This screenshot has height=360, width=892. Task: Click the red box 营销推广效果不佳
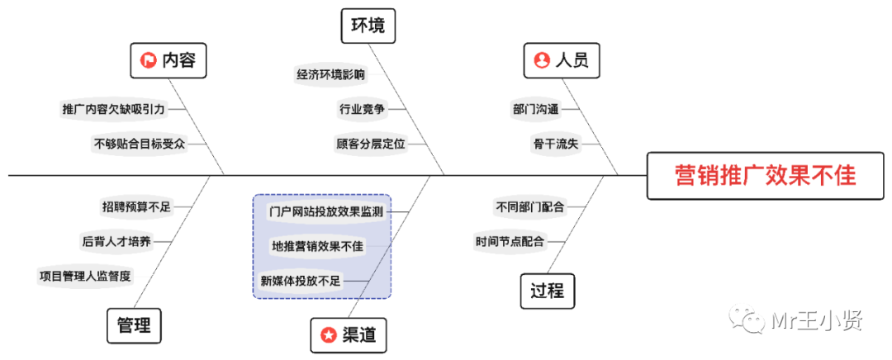tap(766, 176)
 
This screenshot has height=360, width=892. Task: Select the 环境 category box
tap(368, 26)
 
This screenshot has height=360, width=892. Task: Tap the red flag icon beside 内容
tap(149, 60)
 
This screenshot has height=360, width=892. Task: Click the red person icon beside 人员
tap(542, 60)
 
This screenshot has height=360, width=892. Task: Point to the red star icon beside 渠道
tap(328, 334)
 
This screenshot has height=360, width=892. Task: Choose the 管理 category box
tap(134, 325)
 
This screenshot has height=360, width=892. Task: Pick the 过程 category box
tap(547, 291)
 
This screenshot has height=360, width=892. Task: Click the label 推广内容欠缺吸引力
tap(113, 108)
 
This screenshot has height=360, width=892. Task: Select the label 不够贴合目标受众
tap(139, 143)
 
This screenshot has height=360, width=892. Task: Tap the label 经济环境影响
tap(330, 74)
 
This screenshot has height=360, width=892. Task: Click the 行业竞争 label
tap(361, 108)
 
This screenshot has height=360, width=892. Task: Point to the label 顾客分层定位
tap(370, 143)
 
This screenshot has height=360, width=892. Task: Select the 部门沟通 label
tap(535, 108)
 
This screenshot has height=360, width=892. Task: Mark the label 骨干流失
tap(555, 143)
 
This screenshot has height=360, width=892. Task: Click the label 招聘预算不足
tap(135, 206)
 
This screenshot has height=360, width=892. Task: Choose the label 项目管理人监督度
tap(85, 275)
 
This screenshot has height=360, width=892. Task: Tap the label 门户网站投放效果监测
tap(325, 211)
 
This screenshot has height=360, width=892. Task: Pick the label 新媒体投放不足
tap(300, 281)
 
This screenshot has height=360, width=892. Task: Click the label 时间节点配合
tap(510, 242)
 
